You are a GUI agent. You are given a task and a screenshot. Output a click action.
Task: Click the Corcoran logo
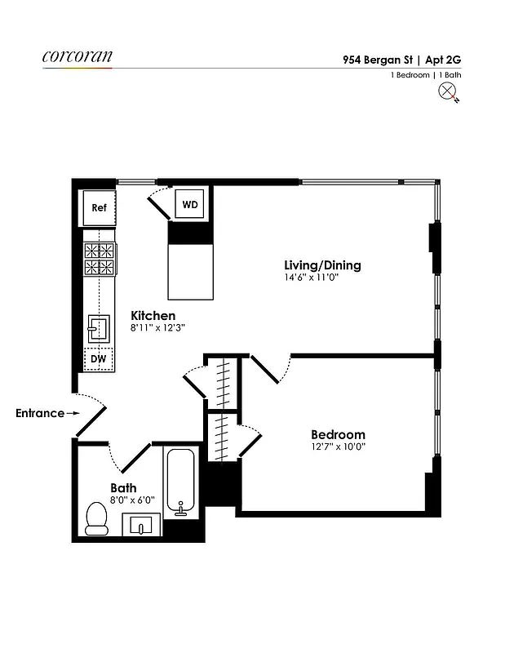(x=77, y=57)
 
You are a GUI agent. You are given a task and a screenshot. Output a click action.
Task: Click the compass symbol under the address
(x=448, y=92)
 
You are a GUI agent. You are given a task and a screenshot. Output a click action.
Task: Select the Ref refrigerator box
(x=99, y=208)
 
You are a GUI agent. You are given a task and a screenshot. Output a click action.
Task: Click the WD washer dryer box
(x=189, y=204)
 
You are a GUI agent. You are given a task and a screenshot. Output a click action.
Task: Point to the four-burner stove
(x=99, y=259)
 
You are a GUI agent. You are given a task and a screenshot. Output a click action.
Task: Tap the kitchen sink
(x=99, y=328)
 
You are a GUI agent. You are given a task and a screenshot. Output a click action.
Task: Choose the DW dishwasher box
(x=98, y=358)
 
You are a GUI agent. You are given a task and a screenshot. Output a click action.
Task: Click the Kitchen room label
(x=153, y=316)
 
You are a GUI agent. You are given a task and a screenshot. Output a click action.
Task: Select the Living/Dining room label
(x=322, y=265)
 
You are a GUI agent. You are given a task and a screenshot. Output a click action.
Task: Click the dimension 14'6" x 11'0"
(x=311, y=278)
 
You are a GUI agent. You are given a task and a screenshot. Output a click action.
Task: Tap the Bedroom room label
(x=338, y=434)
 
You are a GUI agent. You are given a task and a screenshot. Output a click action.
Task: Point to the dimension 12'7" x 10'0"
(x=338, y=447)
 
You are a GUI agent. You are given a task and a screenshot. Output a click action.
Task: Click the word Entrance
(x=39, y=413)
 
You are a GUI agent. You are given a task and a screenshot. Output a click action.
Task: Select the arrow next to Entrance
(x=73, y=413)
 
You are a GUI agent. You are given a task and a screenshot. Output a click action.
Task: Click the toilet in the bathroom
(x=97, y=518)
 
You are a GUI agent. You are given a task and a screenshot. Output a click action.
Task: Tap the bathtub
(x=180, y=482)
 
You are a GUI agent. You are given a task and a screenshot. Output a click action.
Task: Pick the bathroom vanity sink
(x=142, y=525)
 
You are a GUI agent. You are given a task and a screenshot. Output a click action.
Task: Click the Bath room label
(x=123, y=488)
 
